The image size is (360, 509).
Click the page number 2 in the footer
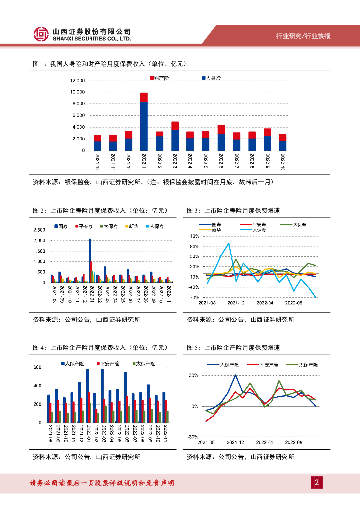[x=316, y=482]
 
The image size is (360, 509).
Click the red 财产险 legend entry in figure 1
[x=158, y=78]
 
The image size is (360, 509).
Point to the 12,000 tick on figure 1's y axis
[x=78, y=81]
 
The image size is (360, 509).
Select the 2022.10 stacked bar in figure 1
[x=283, y=142]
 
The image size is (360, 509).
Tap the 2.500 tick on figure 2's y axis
[x=39, y=230]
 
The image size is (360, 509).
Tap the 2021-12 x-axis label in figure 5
[x=237, y=442]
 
